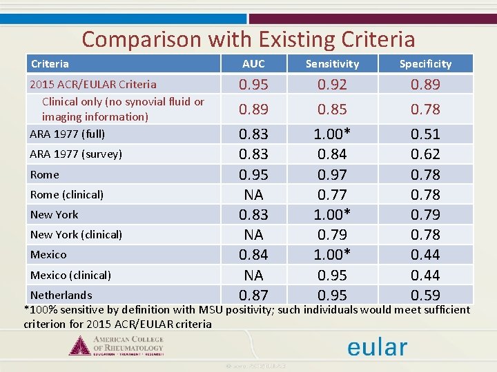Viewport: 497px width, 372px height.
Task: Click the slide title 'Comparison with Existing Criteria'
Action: [x=248, y=39]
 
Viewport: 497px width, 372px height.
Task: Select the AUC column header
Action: [x=253, y=64]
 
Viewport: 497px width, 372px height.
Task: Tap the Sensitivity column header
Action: [x=333, y=64]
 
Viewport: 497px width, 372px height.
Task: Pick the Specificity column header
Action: [x=425, y=64]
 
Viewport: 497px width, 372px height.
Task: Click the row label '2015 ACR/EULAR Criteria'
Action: [x=92, y=85]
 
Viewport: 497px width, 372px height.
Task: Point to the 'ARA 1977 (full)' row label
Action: [x=67, y=134]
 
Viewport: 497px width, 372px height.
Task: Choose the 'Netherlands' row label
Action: [x=61, y=295]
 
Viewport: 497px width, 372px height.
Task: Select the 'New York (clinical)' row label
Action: [x=76, y=235]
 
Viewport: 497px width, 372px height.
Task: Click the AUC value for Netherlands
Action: [x=253, y=295]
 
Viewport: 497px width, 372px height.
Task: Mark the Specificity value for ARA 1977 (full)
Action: [x=425, y=134]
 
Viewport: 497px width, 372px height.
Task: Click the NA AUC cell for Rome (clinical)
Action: [x=253, y=195]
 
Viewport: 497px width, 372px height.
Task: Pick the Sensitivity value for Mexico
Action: [x=333, y=255]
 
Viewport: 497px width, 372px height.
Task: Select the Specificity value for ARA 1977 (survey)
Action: [x=425, y=154]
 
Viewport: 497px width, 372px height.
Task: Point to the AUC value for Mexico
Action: [x=253, y=255]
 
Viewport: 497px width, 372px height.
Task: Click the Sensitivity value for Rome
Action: [x=333, y=175]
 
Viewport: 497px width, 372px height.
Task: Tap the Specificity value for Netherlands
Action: [x=425, y=296]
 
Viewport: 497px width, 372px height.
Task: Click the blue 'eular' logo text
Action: [x=377, y=347]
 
